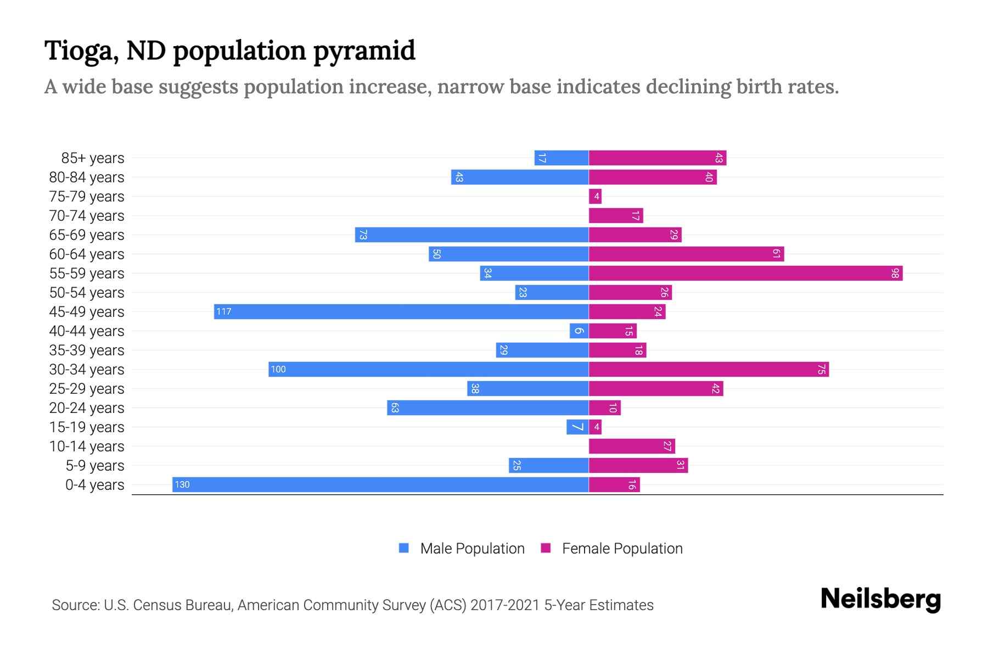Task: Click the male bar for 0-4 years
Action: click(380, 484)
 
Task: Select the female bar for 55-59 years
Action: click(745, 273)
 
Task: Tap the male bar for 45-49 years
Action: click(401, 311)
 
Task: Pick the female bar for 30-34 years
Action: click(709, 369)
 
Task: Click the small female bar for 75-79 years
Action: click(595, 196)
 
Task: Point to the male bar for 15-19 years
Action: click(577, 427)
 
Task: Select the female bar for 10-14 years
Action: click(632, 446)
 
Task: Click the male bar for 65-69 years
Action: click(471, 234)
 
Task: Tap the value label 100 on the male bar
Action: click(278, 369)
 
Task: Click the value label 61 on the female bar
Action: click(776, 254)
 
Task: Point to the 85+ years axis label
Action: click(92, 158)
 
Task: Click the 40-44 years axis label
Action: click(87, 331)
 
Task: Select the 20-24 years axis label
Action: click(87, 408)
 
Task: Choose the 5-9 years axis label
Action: click(94, 466)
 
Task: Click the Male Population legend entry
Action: click(471, 548)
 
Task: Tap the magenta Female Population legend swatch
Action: click(546, 548)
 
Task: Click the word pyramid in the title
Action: click(364, 51)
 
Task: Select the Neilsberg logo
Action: click(880, 599)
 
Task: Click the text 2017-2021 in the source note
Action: click(505, 605)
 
